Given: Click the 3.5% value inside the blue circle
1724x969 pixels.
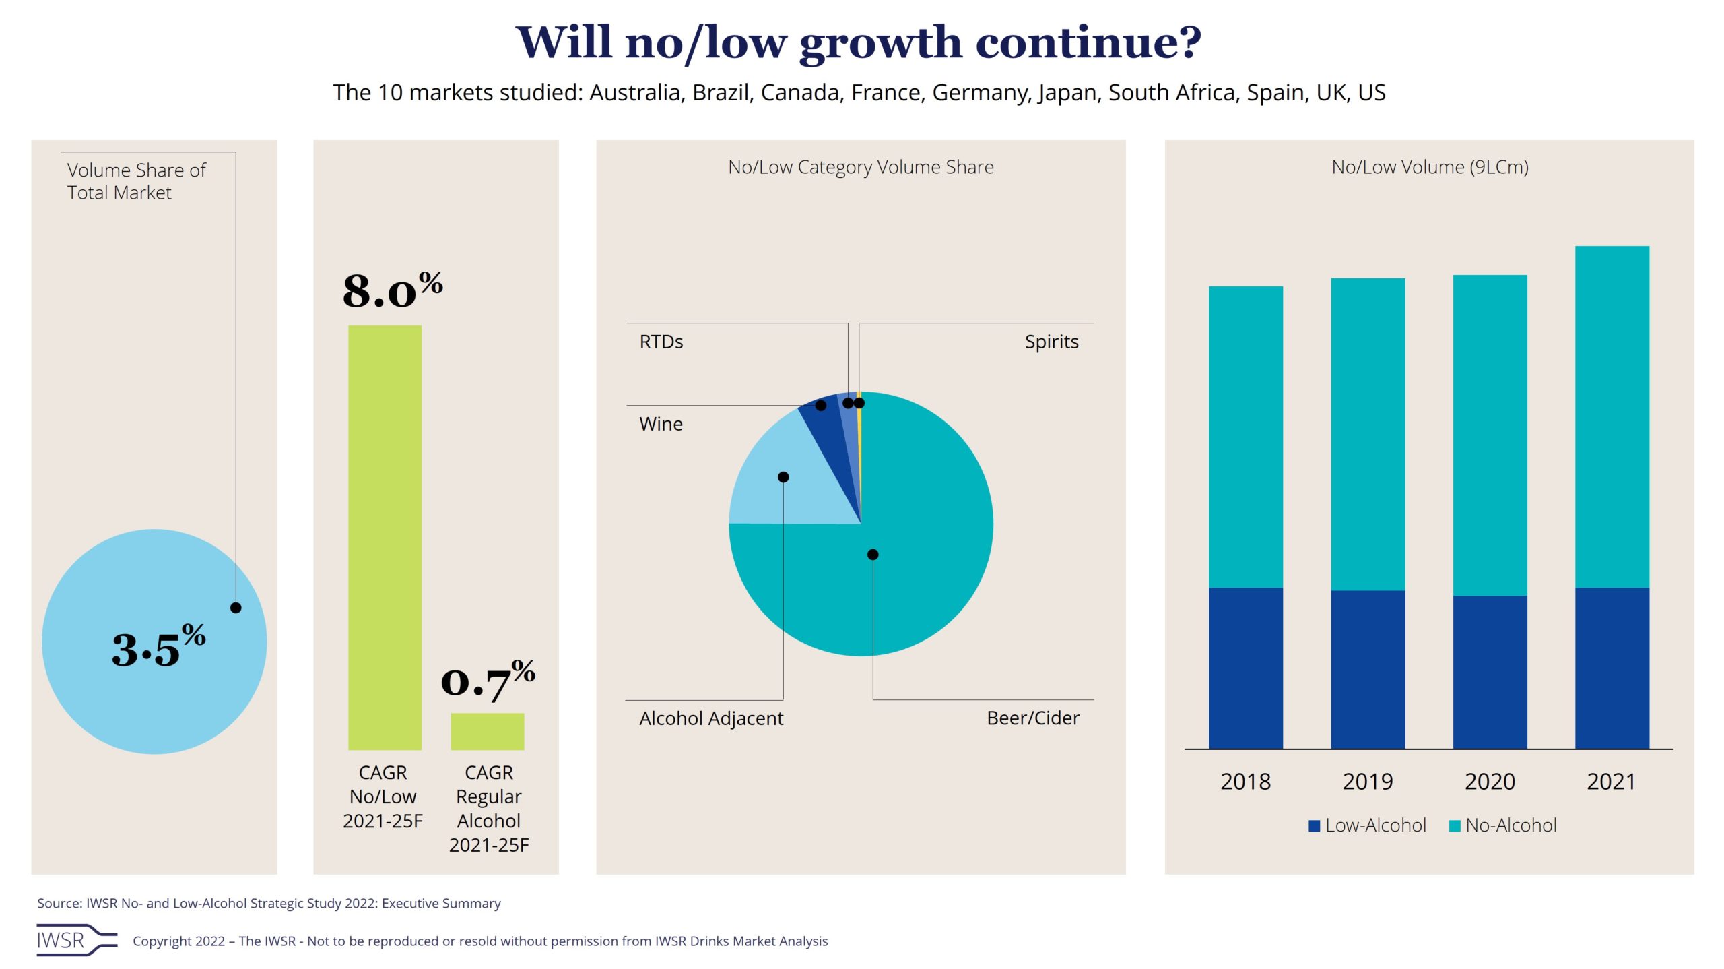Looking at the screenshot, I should pos(158,648).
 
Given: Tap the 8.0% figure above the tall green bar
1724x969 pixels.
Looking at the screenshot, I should pos(393,290).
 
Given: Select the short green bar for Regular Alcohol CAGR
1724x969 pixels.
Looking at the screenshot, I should pos(487,731).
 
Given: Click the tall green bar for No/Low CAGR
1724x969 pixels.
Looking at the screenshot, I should pos(385,537).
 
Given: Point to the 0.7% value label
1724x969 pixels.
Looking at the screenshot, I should pos(488,681).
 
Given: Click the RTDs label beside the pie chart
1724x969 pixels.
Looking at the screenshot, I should pos(661,342).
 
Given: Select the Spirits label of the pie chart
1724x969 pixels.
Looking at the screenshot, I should pos(1051,342).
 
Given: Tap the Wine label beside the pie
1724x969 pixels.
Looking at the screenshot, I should pos(661,424).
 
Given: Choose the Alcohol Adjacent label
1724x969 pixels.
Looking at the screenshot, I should pos(711,718).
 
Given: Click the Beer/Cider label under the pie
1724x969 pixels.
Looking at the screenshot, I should pos(1032,718).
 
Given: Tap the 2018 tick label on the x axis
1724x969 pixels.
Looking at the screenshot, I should pos(1245,782).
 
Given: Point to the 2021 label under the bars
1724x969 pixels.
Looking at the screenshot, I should pos(1612,782).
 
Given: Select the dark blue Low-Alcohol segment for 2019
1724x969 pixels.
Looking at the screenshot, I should pos(1368,669).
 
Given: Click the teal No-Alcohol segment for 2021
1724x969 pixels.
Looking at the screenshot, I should pos(1612,416).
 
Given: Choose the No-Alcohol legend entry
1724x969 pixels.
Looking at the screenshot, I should pos(1503,825).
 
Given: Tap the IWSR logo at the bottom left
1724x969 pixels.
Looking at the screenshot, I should pos(76,940).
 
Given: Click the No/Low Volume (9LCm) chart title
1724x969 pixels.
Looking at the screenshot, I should pos(1430,167).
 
